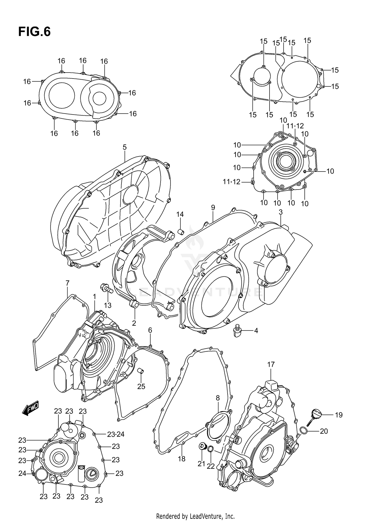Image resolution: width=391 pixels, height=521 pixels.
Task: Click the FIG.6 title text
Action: click(34, 32)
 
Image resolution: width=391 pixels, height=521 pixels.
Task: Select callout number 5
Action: click(125, 147)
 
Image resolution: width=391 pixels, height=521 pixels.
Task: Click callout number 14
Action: click(180, 215)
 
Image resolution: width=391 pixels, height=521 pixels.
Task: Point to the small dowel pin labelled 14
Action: click(180, 231)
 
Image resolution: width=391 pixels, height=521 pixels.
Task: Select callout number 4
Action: click(256, 331)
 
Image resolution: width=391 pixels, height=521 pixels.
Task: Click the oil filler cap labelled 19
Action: click(316, 415)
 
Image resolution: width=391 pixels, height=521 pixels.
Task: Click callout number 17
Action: click(271, 365)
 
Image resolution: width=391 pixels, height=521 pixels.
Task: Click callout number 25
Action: click(141, 387)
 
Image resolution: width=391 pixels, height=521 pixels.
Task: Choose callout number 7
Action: click(68, 283)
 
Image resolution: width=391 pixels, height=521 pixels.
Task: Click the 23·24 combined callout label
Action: click(116, 434)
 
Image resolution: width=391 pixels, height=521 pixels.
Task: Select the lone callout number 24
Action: click(22, 473)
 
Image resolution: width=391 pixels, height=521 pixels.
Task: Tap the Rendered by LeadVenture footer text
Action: click(195, 516)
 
